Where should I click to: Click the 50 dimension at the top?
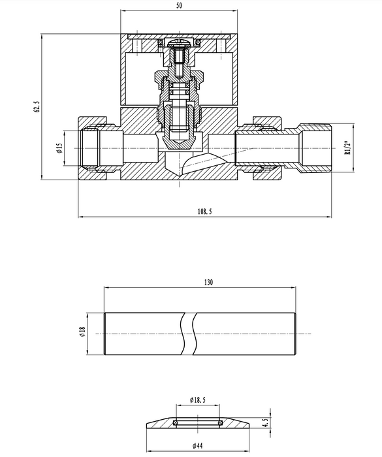click(180, 5)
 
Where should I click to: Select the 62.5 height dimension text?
click(37, 106)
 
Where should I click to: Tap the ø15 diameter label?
click(59, 148)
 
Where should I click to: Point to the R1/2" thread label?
click(347, 148)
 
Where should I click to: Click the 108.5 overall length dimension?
click(204, 212)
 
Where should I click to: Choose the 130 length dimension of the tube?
click(208, 282)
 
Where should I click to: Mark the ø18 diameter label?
click(82, 332)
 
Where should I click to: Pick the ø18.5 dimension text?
click(197, 400)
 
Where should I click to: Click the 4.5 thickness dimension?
click(265, 422)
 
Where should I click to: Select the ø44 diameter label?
click(197, 446)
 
